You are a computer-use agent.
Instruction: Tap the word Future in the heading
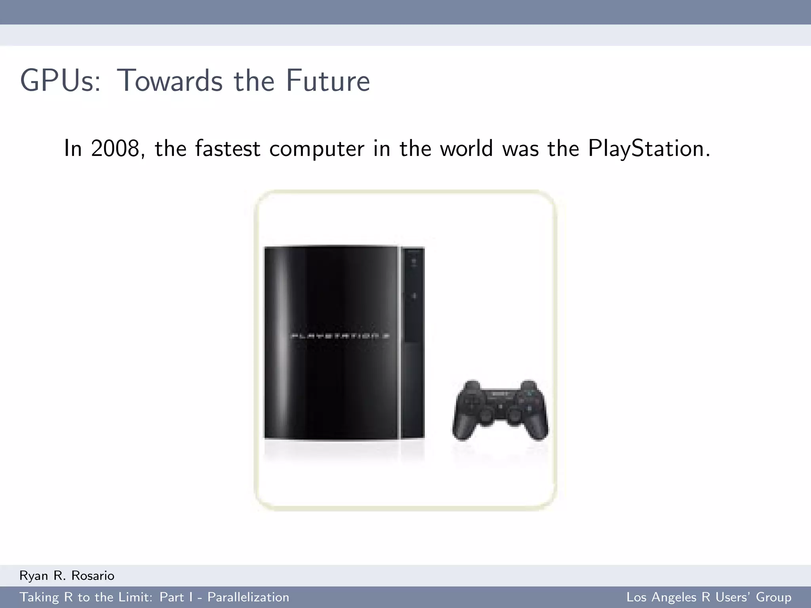328,81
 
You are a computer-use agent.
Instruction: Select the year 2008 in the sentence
115,149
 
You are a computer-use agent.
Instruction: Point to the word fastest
228,149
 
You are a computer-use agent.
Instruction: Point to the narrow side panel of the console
413,342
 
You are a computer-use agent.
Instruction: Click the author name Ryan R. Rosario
67,576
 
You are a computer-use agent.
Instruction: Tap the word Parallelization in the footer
248,597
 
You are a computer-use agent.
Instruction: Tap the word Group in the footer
773,597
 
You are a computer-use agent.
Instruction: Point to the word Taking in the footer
39,597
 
